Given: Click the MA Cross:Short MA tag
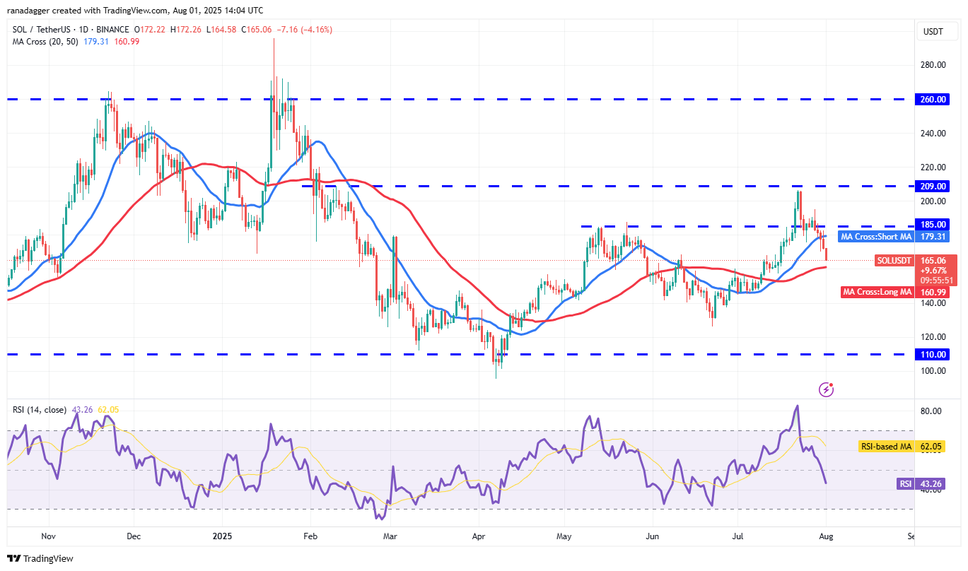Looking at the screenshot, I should (875, 237).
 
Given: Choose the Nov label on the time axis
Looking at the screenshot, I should (49, 536).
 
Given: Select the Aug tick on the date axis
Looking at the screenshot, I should (825, 536).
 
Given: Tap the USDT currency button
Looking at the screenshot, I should (933, 31).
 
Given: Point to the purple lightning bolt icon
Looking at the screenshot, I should (826, 389).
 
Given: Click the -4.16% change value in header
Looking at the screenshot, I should (317, 30).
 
